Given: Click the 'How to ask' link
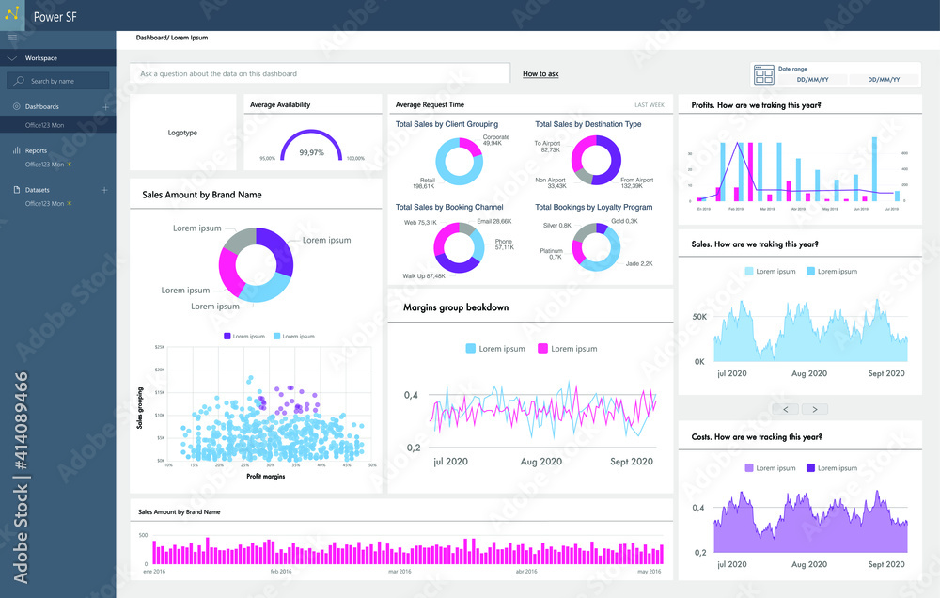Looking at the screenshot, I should (x=540, y=73).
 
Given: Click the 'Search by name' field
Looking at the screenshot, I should (x=58, y=82).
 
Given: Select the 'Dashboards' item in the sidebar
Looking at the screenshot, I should (x=41, y=107).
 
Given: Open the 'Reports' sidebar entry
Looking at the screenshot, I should (x=36, y=150).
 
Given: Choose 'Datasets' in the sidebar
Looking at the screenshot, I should (x=38, y=190).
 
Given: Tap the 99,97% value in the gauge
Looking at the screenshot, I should (x=311, y=152).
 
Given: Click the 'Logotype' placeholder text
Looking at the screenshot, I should (x=182, y=133).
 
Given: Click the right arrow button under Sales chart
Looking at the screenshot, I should (x=815, y=409).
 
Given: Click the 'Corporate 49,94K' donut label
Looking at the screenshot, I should (x=495, y=140).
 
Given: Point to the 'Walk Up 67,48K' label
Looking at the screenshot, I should (x=424, y=276).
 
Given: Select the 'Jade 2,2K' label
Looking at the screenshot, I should (x=639, y=264).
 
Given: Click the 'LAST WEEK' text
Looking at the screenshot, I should (x=649, y=105).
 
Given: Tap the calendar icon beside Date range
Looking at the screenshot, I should (x=763, y=75).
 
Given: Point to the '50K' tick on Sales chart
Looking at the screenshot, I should (x=699, y=317).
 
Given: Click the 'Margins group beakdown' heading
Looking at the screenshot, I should (x=456, y=307).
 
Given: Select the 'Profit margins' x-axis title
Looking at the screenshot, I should (x=266, y=476).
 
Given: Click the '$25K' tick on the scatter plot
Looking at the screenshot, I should (x=159, y=347).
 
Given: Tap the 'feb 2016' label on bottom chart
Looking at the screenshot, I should (x=281, y=571).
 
